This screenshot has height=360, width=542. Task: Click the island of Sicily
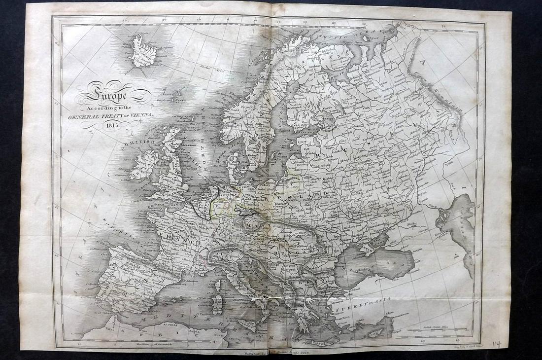pos(249,323)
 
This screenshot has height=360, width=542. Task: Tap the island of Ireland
pos(144,164)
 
